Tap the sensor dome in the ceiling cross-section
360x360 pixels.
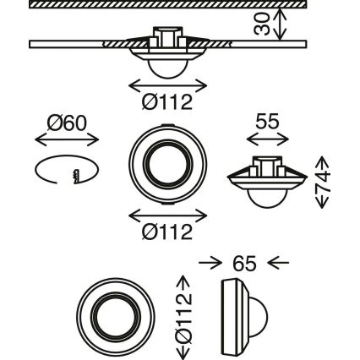click(x=167, y=67)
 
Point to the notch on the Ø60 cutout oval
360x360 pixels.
click(x=74, y=175)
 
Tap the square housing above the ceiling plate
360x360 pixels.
click(x=166, y=37)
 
